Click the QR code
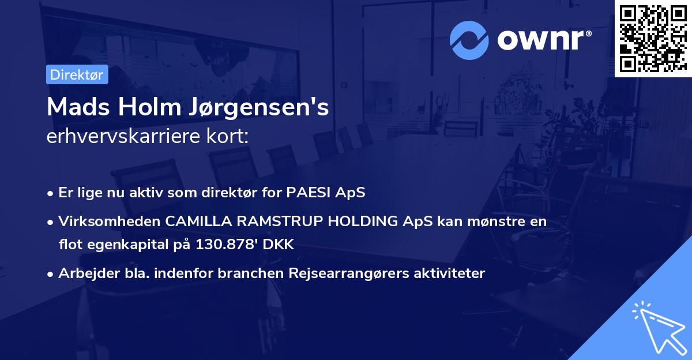pyautogui.click(x=653, y=38)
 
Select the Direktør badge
pyautogui.click(x=77, y=74)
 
